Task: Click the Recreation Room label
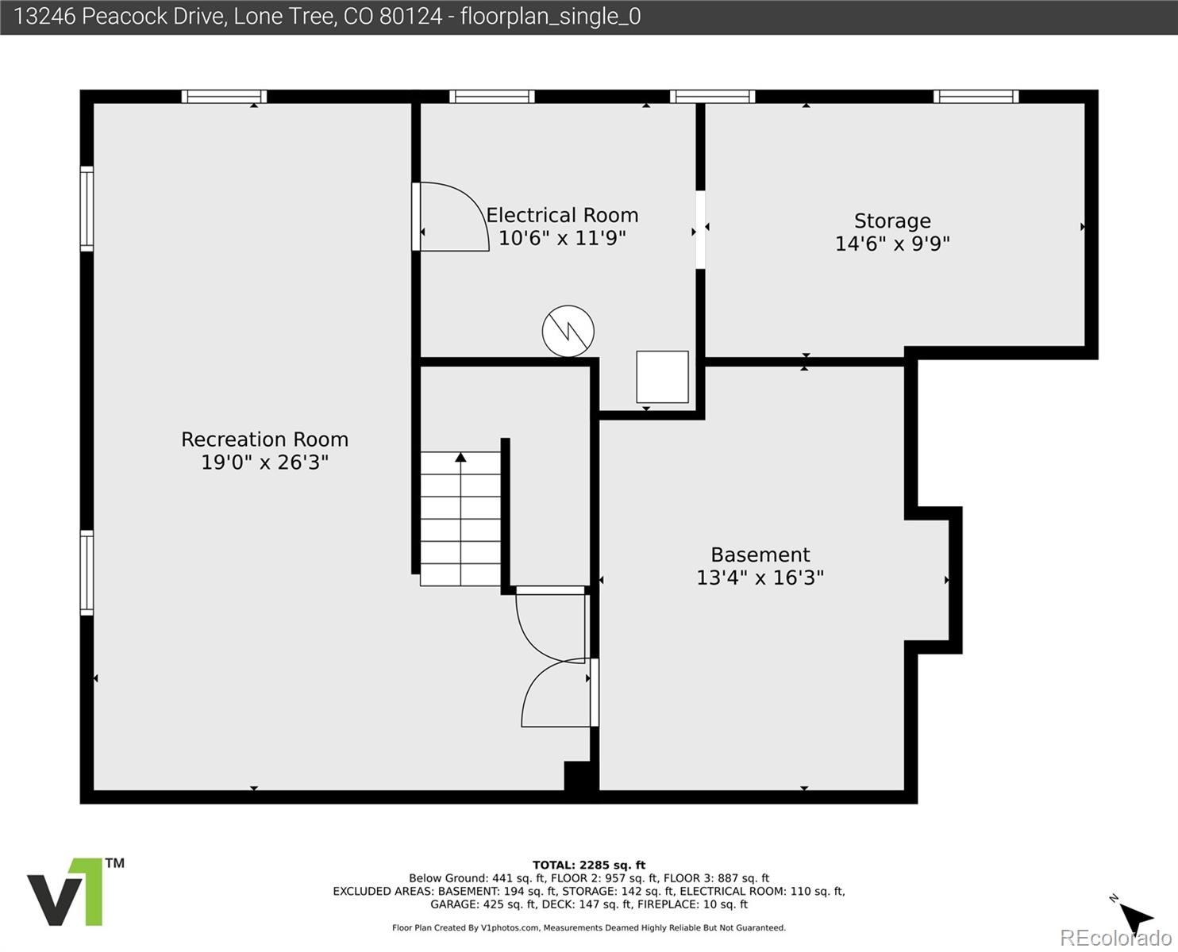point(264,440)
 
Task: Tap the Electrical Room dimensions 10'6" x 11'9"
point(562,238)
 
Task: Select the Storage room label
point(892,221)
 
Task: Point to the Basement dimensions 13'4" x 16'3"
point(760,578)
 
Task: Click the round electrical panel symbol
point(568,331)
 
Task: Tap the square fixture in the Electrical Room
point(662,377)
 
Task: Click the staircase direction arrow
point(460,458)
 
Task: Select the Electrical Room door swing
point(450,217)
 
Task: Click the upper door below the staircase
point(550,624)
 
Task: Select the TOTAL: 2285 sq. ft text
point(588,865)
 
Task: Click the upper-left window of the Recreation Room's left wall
point(87,209)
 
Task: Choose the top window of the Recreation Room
point(224,97)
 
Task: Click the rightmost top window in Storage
point(976,97)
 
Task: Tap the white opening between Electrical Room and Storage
point(700,229)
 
